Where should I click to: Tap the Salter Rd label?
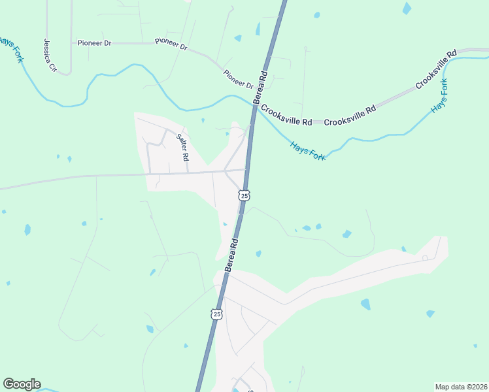coord(182,148)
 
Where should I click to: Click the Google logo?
coord(22,384)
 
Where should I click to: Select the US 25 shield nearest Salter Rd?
coord(244,195)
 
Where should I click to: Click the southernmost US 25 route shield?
coord(216,314)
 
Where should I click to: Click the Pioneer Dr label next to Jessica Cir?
coord(94,42)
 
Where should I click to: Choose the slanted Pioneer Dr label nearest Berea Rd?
coord(238,80)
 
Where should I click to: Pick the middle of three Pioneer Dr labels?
coord(171,45)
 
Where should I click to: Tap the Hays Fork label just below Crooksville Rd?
coord(307,145)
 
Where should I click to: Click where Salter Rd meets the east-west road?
coord(188,172)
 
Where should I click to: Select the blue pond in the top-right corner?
coord(407,8)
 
